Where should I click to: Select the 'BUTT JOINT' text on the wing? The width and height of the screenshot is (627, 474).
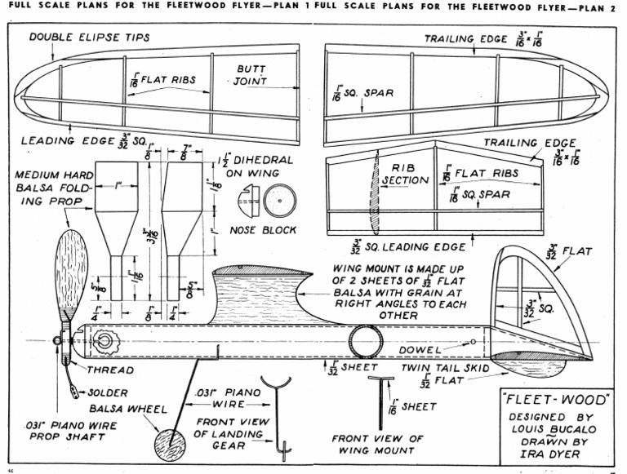coord(251,75)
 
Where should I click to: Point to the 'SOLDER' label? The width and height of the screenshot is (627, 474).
coord(105,392)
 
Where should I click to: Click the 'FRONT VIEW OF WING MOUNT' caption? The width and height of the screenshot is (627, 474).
coord(377,445)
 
